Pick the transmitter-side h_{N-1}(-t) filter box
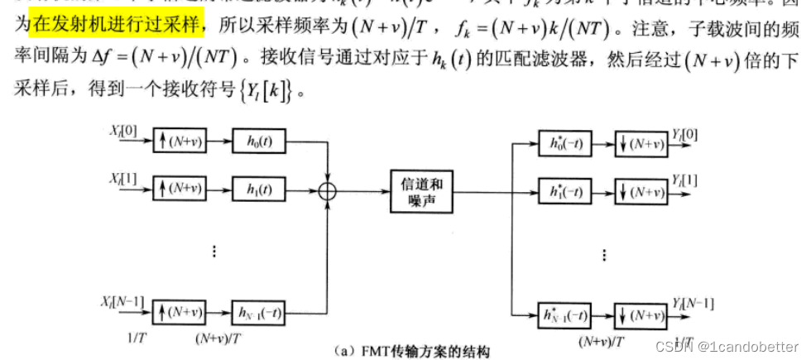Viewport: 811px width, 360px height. click(x=259, y=312)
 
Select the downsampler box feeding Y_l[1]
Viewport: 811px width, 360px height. click(x=640, y=190)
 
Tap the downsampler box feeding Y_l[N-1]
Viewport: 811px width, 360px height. click(x=640, y=314)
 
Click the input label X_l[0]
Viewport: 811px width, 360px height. click(x=125, y=130)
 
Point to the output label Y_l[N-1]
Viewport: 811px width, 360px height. click(x=693, y=303)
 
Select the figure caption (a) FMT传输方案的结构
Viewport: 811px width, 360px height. click(x=413, y=352)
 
